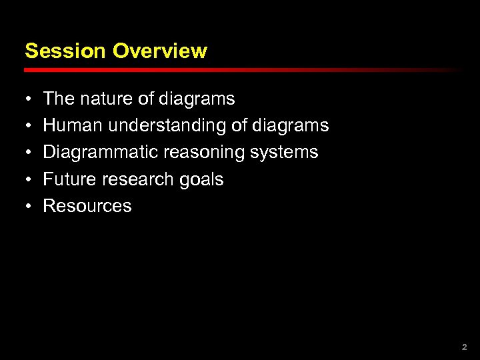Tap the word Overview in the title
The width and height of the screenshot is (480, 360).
[160, 51]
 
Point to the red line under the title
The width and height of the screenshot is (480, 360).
[240, 69]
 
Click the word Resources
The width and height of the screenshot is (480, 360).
[87, 206]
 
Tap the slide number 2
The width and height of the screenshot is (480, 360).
[465, 347]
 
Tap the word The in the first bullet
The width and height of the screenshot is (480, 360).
[59, 99]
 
